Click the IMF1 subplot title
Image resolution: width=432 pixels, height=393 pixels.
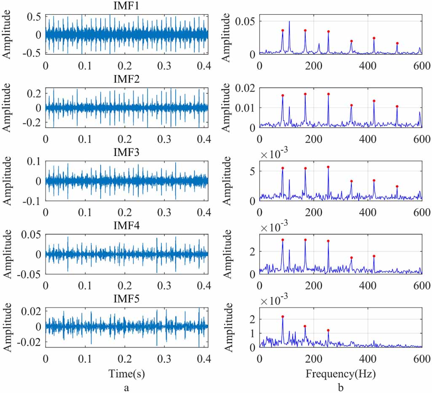pyautogui.click(x=126, y=6)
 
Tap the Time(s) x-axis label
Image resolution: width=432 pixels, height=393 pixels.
pyautogui.click(x=126, y=373)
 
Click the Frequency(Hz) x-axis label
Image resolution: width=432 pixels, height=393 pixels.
pyautogui.click(x=341, y=373)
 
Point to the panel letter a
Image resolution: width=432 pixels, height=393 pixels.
pyautogui.click(x=126, y=388)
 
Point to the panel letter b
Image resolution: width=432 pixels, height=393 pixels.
pyautogui.click(x=341, y=388)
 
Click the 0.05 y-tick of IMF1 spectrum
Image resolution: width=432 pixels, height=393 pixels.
pyautogui.click(x=245, y=21)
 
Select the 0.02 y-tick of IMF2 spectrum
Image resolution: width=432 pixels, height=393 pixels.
pyautogui.click(x=245, y=88)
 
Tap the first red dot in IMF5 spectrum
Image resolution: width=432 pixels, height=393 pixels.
pyautogui.click(x=283, y=317)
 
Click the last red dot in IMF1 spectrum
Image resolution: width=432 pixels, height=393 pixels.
pyautogui.click(x=397, y=43)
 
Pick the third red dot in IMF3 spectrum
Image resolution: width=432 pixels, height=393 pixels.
pyautogui.click(x=328, y=167)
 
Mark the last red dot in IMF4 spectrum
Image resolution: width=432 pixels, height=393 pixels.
pyautogui.click(x=374, y=256)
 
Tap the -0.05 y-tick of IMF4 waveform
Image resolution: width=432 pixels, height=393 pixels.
pyautogui.click(x=30, y=274)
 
